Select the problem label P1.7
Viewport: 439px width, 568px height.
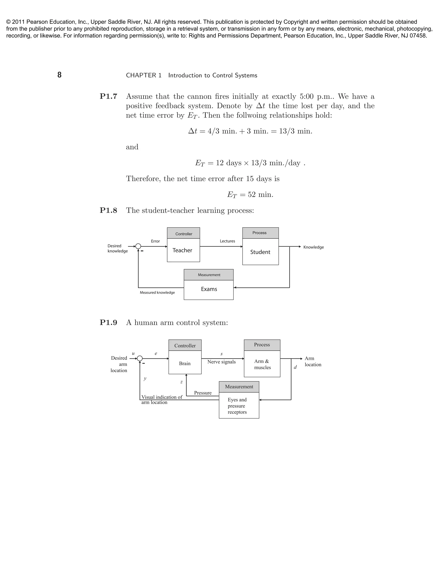(108, 96)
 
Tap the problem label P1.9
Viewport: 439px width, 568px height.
(108, 323)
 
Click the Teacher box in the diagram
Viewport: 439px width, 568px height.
(183, 250)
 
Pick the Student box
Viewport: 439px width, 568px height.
(260, 252)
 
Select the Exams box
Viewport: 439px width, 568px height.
(209, 289)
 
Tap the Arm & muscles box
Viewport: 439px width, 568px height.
(262, 364)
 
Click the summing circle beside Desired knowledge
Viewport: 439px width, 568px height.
(138, 246)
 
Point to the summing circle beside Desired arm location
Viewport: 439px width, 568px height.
(140, 359)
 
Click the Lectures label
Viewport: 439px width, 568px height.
(227, 241)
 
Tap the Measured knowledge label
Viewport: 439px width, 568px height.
(157, 293)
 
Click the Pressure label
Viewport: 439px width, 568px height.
(203, 393)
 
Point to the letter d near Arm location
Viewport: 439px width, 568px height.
(295, 367)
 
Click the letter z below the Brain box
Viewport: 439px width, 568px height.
(181, 382)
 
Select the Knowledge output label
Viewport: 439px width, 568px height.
(313, 247)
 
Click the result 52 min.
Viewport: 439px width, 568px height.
(250, 195)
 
